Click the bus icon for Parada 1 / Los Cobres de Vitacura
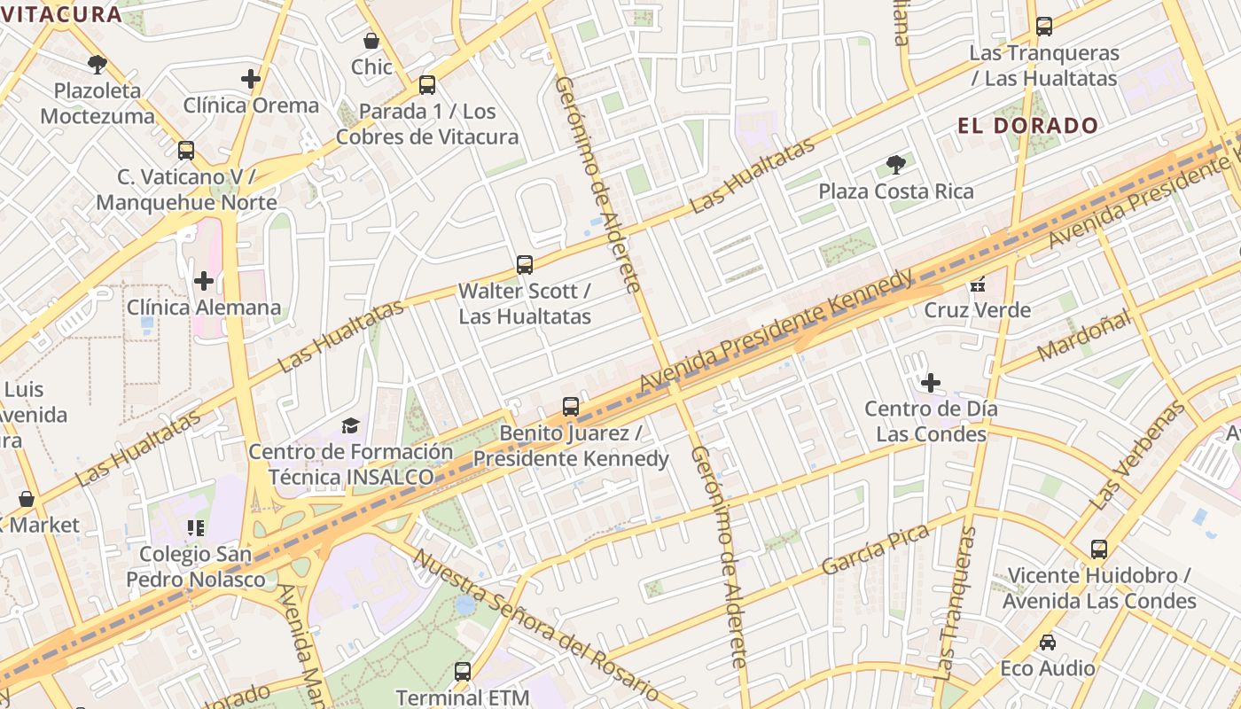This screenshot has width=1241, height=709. tap(427, 85)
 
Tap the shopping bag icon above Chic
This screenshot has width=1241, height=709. tap(371, 41)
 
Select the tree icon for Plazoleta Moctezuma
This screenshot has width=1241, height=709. tap(98, 64)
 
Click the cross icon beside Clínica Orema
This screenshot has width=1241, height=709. tap(251, 79)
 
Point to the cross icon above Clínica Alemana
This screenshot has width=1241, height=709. tap(204, 281)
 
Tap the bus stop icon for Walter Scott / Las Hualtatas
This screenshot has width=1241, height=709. tap(525, 264)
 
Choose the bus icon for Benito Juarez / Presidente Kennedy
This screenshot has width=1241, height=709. tap(571, 407)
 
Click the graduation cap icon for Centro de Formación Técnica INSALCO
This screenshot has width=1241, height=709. tap(350, 425)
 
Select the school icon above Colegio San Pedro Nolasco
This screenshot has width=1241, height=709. tap(196, 528)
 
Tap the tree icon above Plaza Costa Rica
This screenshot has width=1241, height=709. tap(895, 164)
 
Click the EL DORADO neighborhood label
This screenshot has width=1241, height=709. tap(1027, 126)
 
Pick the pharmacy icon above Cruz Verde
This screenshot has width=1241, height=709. tap(978, 284)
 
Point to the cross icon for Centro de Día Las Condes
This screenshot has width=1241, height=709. tap(931, 383)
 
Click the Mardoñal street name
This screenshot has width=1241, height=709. tap(1083, 334)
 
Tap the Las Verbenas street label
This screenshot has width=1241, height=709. tap(1137, 456)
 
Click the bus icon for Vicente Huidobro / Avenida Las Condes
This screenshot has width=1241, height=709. tap(1099, 549)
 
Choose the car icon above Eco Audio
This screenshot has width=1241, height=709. tap(1047, 642)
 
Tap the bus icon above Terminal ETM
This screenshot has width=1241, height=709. tap(462, 671)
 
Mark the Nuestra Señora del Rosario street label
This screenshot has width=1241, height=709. tap(536, 626)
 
